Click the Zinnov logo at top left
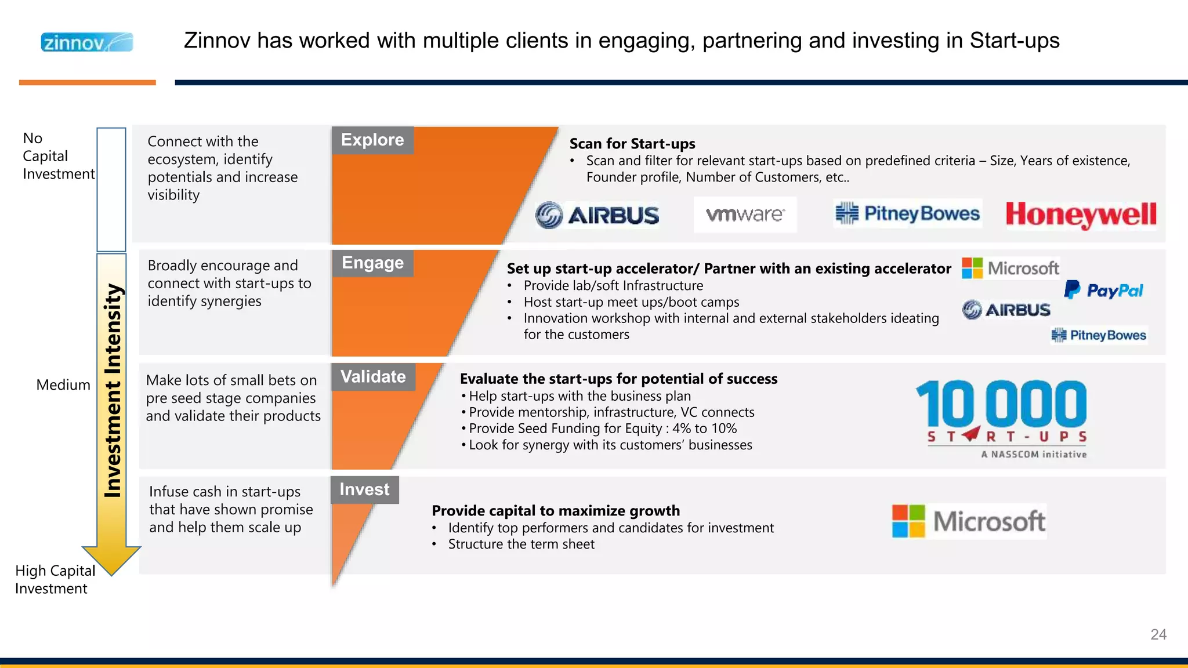pyautogui.click(x=87, y=42)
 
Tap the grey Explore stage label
pyautogui.click(x=372, y=140)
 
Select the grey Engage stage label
pyautogui.click(x=372, y=263)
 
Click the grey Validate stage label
pyautogui.click(x=373, y=377)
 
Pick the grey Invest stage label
pyautogui.click(x=364, y=490)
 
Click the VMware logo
pyautogui.click(x=745, y=215)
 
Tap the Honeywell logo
pyautogui.click(x=1081, y=215)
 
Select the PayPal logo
pyautogui.click(x=1104, y=290)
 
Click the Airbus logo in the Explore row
pyautogui.click(x=597, y=216)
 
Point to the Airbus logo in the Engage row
pyautogui.click(x=1006, y=310)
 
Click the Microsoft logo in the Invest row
pyautogui.click(x=969, y=521)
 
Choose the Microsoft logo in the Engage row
pyautogui.click(x=1010, y=268)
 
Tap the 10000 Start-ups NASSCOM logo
pyautogui.click(x=1002, y=418)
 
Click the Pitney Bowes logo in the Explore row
pyautogui.click(x=907, y=214)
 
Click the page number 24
pyautogui.click(x=1158, y=634)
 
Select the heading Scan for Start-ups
pyautogui.click(x=632, y=144)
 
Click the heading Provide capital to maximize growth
pyautogui.click(x=556, y=511)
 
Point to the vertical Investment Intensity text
pyautogui.click(x=113, y=390)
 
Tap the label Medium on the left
pyautogui.click(x=63, y=385)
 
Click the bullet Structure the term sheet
pyautogui.click(x=521, y=544)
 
